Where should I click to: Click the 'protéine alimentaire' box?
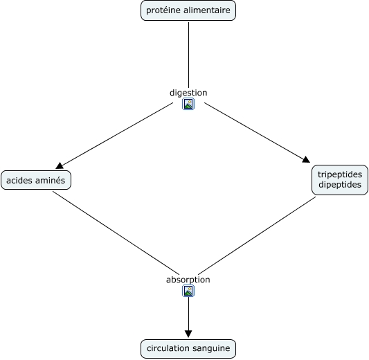188,10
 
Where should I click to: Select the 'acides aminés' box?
36,180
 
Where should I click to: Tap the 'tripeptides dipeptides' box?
340,180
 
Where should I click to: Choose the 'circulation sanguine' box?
188,349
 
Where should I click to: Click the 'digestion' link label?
188,93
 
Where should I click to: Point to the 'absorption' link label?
188,280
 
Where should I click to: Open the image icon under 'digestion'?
188,104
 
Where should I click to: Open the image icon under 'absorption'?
188,291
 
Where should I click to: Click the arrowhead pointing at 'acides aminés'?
60,165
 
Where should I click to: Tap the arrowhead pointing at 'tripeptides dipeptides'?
306,159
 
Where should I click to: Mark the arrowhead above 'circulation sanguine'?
188,334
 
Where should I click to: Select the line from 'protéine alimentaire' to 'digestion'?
188,55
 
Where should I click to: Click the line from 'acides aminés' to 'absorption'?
116,233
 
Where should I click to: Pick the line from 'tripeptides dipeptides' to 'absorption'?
257,235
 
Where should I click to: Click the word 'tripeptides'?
340,174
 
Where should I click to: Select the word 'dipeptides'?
340,185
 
